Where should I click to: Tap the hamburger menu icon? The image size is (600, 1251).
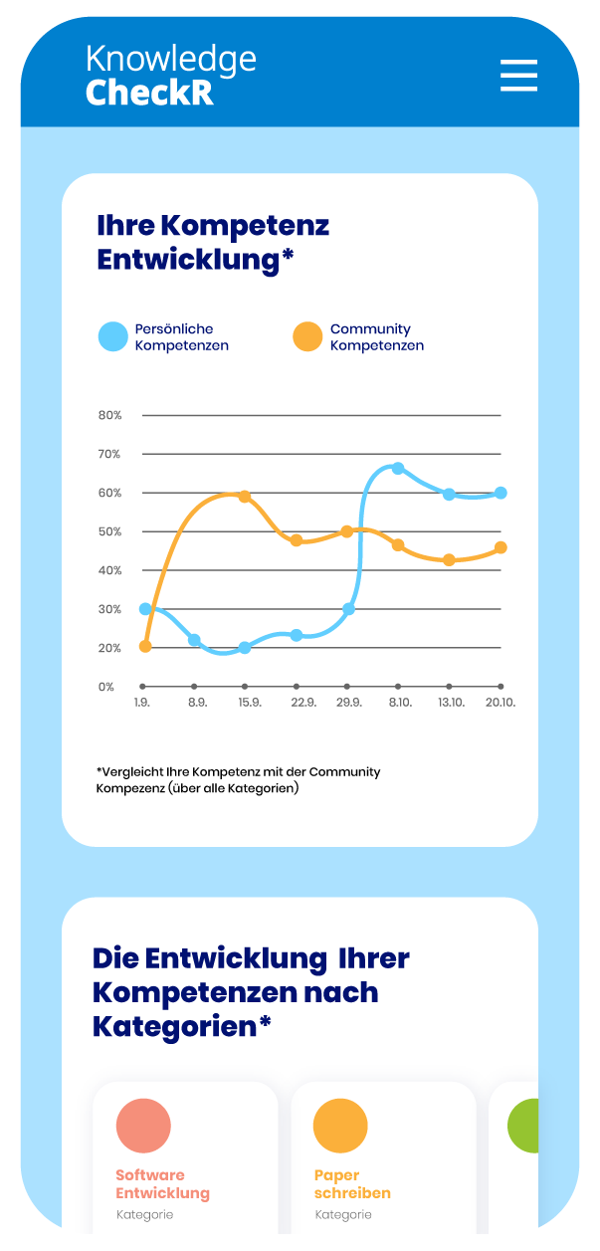click(518, 76)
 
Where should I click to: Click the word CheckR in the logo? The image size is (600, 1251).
click(149, 93)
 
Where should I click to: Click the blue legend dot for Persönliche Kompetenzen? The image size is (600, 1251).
click(113, 336)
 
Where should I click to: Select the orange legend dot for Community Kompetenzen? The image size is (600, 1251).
click(307, 336)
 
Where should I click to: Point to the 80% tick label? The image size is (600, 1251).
click(109, 415)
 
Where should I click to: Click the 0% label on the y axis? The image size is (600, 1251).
click(106, 687)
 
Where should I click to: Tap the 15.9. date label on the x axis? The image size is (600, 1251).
click(250, 703)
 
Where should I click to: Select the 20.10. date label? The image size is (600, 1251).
click(501, 703)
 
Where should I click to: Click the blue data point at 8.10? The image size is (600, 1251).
click(398, 468)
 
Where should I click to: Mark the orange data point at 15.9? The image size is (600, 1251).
click(245, 497)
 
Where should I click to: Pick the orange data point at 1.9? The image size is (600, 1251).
click(145, 646)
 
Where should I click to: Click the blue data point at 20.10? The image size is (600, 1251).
click(500, 493)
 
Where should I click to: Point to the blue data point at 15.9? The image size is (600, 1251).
click(245, 648)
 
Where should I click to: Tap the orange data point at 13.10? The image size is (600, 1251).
click(449, 560)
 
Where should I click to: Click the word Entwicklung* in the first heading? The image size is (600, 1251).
click(195, 260)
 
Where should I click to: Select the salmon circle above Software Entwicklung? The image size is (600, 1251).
click(143, 1126)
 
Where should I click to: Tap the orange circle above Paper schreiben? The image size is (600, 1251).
click(340, 1126)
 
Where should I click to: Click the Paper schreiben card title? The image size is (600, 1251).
click(352, 1184)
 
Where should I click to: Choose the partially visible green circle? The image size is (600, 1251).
click(523, 1126)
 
